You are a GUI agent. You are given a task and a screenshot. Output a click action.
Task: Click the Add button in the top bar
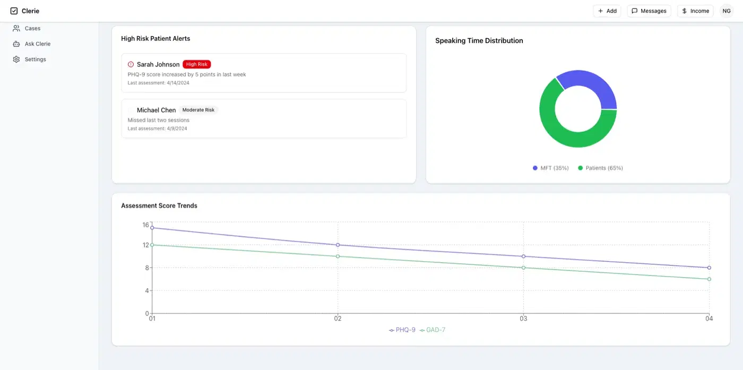pos(607,11)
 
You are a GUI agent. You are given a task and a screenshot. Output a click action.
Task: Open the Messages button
pos(649,11)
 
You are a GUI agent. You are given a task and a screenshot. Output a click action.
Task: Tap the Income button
pos(695,11)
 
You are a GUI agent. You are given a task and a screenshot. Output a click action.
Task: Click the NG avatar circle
pos(727,11)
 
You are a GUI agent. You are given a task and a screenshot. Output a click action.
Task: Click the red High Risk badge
pos(197,64)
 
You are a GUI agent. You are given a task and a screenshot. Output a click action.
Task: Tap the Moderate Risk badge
pos(198,110)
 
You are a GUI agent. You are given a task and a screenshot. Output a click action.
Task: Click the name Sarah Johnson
pos(158,64)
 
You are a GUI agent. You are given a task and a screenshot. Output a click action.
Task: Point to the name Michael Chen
pos(156,110)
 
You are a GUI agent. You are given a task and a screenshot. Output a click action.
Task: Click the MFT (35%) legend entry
pos(551,168)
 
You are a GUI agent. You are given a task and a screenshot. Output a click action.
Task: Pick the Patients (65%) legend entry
pos(600,168)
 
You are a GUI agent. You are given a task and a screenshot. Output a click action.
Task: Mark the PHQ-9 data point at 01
pos(152,228)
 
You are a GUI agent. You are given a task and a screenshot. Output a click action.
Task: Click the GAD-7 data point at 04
pos(709,279)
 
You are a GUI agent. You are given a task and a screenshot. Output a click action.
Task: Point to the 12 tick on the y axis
pos(145,245)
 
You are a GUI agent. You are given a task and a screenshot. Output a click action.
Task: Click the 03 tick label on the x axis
pos(523,319)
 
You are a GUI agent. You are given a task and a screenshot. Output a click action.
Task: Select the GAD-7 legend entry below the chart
pos(433,330)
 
